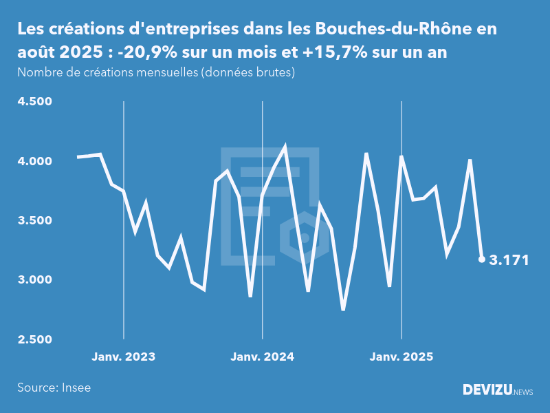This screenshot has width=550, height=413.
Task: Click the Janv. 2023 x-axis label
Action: point(124,357)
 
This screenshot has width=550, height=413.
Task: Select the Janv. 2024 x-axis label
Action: point(263,357)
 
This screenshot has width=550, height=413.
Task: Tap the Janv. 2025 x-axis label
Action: point(401,357)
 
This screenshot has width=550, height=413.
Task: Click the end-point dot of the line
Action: point(482,260)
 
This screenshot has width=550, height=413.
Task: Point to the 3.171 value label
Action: point(509,260)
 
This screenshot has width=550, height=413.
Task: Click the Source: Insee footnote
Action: point(54,388)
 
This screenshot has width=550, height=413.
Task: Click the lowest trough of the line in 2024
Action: point(343,309)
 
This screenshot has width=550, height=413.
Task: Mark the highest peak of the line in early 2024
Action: point(285,147)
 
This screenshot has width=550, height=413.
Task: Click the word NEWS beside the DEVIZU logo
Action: point(523,392)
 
